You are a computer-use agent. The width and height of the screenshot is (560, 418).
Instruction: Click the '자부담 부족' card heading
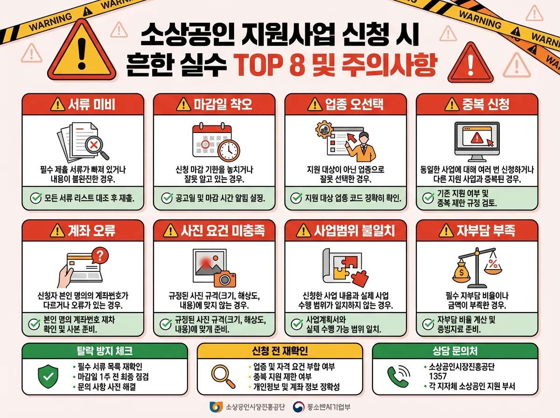point(476,230)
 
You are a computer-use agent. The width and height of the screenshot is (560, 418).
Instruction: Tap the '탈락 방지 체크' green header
point(105,350)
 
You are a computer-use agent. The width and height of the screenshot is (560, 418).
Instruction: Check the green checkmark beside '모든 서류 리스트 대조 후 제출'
point(35,198)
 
